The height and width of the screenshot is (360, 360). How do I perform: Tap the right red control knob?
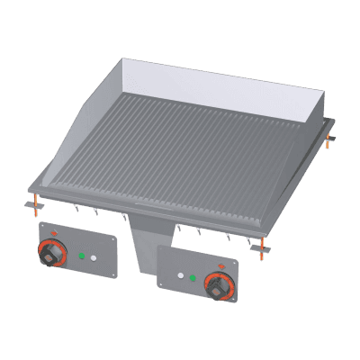click(218, 288)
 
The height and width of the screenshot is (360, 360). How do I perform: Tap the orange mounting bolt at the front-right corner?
click(261, 246)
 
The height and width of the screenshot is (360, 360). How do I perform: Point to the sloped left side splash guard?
click(85, 135)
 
